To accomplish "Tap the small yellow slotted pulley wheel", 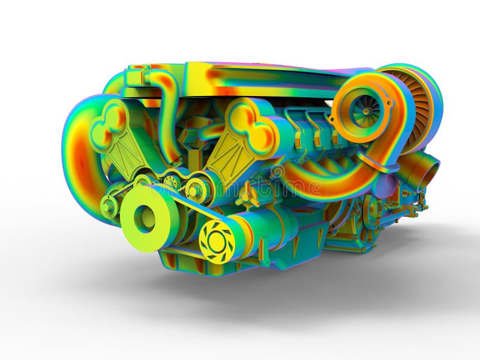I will click(x=217, y=242).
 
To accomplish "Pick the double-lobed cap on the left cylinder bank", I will click(x=108, y=123).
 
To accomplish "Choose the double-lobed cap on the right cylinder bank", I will click(x=252, y=122).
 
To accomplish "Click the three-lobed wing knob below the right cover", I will click(x=247, y=197).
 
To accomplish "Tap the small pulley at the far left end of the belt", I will click(x=109, y=207).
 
